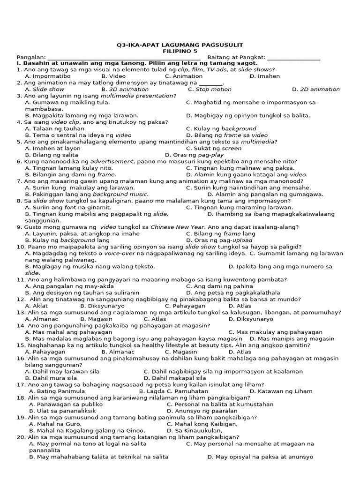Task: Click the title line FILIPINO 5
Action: pos(180,51)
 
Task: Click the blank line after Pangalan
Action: pos(124,58)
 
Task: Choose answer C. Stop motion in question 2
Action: pos(210,89)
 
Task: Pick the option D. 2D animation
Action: pos(315,89)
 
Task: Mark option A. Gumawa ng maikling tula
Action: pos(67,102)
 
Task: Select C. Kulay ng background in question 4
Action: pos(221,128)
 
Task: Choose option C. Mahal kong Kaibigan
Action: pos(202,424)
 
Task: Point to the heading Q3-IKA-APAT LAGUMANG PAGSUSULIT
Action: pos(180,45)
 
